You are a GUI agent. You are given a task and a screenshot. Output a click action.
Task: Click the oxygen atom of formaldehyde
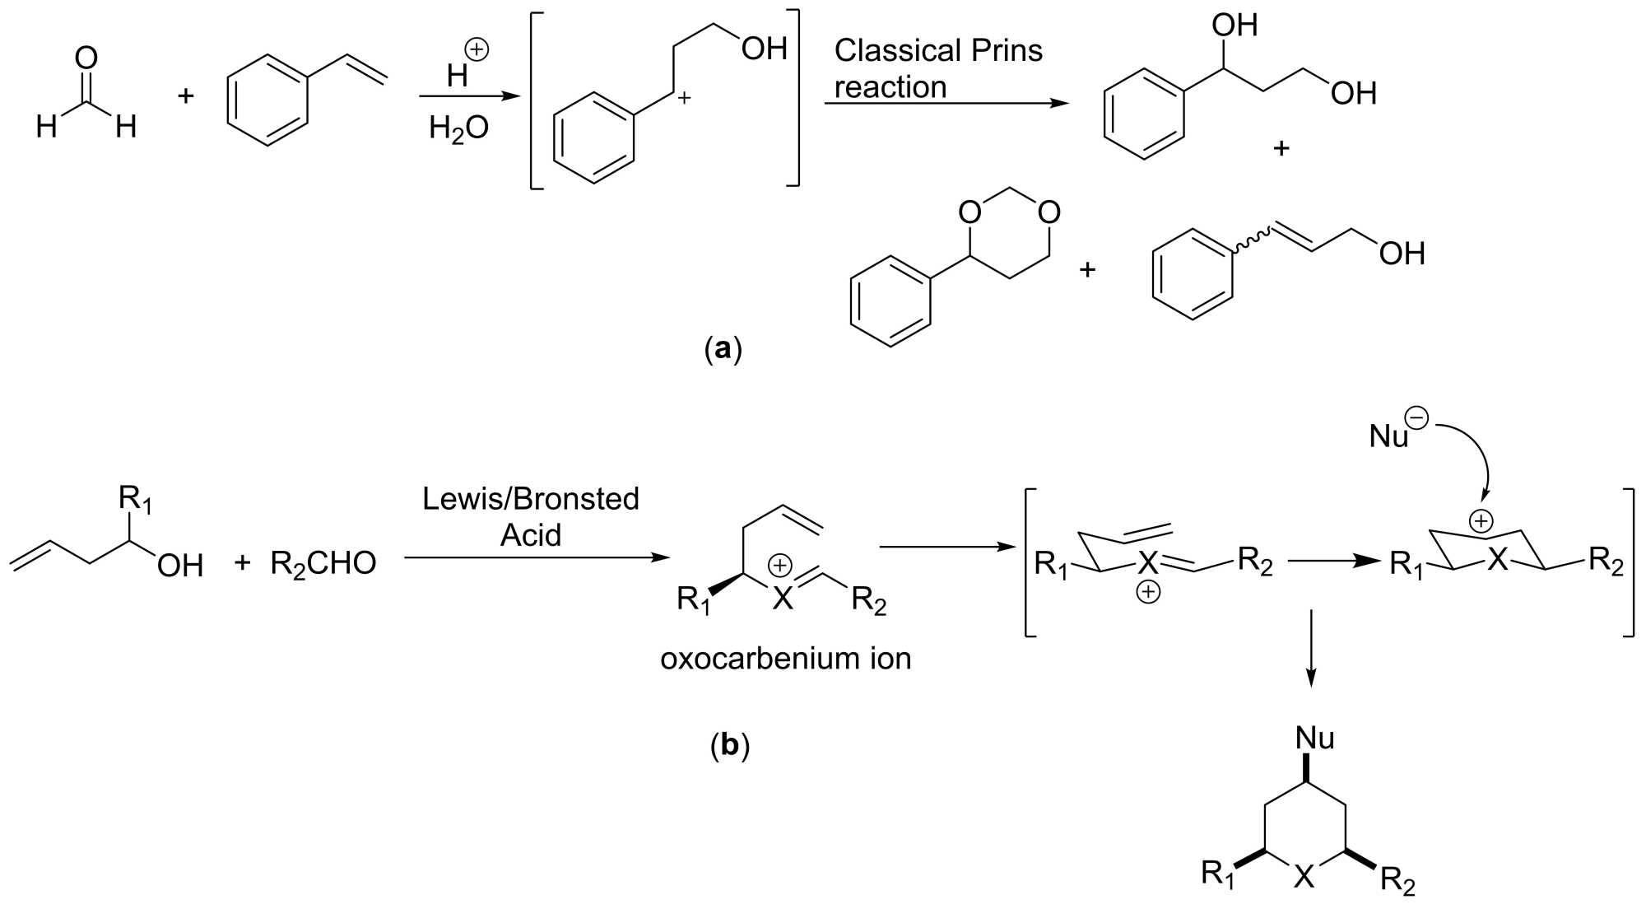pyautogui.click(x=86, y=58)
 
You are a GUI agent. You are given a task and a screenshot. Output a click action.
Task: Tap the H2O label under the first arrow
pyautogui.click(x=458, y=128)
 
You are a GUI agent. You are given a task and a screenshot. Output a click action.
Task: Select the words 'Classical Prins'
pyautogui.click(x=938, y=51)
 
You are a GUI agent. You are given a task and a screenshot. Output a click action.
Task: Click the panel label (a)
pyautogui.click(x=723, y=349)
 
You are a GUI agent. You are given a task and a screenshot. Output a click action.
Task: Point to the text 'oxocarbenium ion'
pyautogui.click(x=785, y=659)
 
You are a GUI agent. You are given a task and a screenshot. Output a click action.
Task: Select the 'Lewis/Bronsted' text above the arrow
pyautogui.click(x=531, y=499)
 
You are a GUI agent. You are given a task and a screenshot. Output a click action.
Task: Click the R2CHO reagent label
pyautogui.click(x=323, y=564)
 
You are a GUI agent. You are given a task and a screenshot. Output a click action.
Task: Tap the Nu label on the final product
pyautogui.click(x=1314, y=738)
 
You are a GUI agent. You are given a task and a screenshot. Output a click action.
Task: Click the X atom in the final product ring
pyautogui.click(x=1304, y=878)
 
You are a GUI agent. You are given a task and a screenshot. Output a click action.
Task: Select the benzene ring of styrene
pyautogui.click(x=267, y=100)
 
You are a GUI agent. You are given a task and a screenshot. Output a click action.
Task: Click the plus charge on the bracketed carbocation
pyautogui.click(x=684, y=99)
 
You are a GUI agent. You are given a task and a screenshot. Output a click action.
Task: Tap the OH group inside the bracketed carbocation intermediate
pyautogui.click(x=764, y=49)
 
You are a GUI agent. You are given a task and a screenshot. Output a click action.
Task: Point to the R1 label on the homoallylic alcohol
pyautogui.click(x=135, y=500)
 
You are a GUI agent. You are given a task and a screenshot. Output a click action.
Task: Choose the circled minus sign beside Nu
pyautogui.click(x=1418, y=417)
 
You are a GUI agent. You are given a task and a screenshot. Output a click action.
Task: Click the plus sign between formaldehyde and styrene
pyautogui.click(x=186, y=96)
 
